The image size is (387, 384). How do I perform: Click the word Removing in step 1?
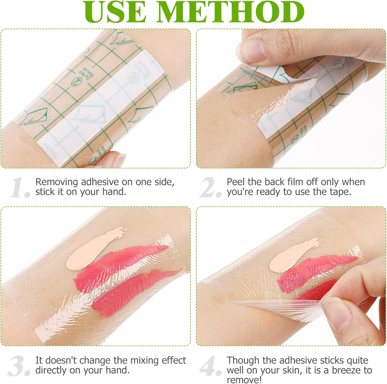(57, 182)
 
